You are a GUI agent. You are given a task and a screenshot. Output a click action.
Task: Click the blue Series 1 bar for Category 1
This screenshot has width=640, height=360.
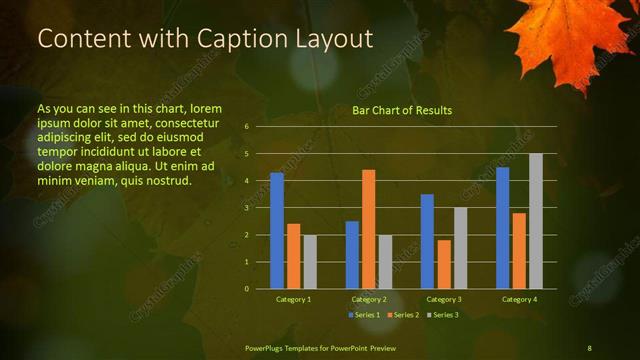point(276,231)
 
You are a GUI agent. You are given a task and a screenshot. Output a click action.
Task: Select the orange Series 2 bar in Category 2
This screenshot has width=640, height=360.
point(368,229)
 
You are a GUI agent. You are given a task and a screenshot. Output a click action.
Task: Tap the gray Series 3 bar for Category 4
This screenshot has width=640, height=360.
point(535,221)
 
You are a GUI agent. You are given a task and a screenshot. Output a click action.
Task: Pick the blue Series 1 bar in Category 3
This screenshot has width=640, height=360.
point(427,241)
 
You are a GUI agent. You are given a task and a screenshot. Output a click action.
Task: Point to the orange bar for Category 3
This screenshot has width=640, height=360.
point(443,264)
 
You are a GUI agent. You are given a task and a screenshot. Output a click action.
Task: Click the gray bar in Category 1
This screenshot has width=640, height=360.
point(310,262)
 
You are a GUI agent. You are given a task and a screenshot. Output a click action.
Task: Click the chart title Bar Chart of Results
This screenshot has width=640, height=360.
point(402,110)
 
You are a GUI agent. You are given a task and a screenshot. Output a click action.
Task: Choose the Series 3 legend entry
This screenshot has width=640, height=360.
point(444,315)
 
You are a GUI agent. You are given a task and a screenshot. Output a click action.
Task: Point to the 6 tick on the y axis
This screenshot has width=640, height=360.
point(247,127)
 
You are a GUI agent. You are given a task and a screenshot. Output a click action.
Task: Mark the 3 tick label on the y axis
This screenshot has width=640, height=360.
point(247,208)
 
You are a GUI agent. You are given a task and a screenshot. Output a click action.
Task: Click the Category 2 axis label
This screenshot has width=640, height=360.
point(368,299)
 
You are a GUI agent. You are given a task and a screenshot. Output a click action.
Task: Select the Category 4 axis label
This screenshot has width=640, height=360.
point(518,299)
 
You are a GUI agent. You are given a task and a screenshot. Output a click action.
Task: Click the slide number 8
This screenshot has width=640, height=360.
point(589,347)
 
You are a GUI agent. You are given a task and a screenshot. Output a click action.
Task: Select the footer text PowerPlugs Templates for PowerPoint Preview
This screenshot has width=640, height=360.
point(320,347)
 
